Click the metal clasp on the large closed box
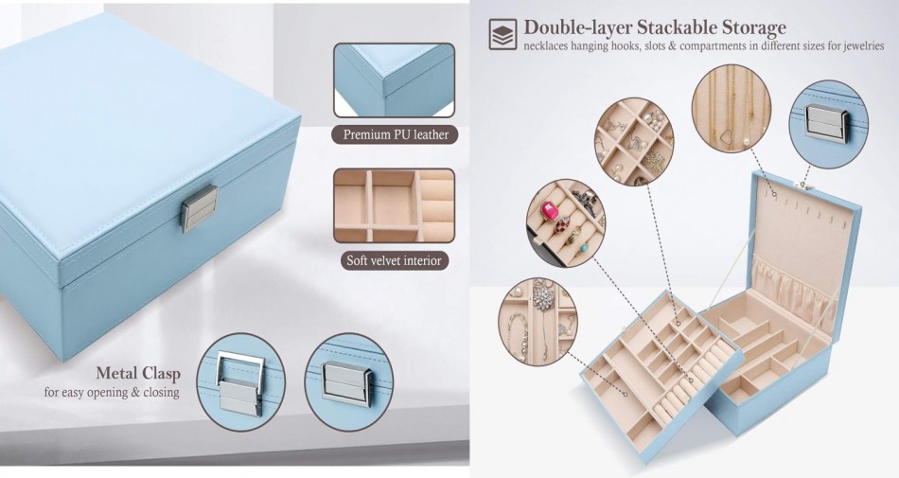tap(200, 208)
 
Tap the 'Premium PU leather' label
tap(395, 134)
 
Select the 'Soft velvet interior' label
tap(394, 259)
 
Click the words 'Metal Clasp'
tap(137, 373)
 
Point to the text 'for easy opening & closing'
tap(112, 391)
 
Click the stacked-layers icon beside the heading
tap(502, 34)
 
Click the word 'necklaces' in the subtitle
tap(553, 46)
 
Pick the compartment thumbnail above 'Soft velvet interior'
tap(394, 205)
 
